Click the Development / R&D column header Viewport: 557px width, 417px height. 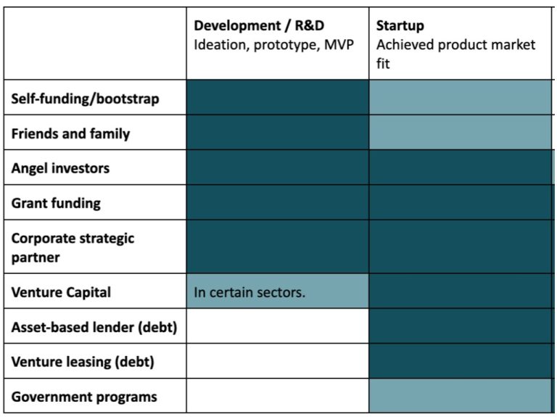259,26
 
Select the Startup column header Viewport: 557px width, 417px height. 400,26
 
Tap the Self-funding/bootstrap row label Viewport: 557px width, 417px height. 85,99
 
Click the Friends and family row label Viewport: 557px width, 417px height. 70,133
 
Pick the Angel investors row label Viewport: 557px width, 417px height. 60,168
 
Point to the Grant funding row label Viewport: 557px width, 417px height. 56,203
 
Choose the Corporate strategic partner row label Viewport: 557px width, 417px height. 73,247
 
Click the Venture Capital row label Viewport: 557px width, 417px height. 61,292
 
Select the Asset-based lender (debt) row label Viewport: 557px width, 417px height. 94,327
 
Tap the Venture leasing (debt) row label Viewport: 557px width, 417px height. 83,362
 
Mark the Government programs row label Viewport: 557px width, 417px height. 84,397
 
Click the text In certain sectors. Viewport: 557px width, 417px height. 249,293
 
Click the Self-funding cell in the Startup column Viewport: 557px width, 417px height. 460,98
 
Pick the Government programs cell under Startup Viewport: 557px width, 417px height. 460,396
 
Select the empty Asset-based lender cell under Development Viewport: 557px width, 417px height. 278,326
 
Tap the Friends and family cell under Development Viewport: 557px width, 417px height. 278,133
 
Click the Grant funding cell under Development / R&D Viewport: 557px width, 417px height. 278,202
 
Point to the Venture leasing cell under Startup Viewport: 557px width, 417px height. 460,361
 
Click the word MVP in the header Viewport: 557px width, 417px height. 338,45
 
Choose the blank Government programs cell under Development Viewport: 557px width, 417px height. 278,396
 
